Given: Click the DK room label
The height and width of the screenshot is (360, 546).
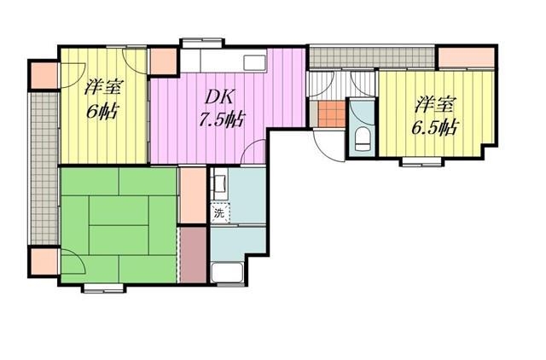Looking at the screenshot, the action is pyautogui.click(x=219, y=97).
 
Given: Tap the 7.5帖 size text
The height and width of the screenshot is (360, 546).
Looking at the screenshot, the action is pyautogui.click(x=221, y=119).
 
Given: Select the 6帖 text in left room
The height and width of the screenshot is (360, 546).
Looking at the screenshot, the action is pyautogui.click(x=102, y=112).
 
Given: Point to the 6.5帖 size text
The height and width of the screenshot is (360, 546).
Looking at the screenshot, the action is pyautogui.click(x=434, y=127).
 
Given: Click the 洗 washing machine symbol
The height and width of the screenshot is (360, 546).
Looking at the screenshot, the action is pyautogui.click(x=220, y=212).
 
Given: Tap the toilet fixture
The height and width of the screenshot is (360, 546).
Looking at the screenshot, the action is pyautogui.click(x=362, y=139).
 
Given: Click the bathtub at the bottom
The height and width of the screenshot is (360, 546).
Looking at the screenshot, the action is pyautogui.click(x=228, y=273).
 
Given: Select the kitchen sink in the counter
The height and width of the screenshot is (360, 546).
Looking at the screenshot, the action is pyautogui.click(x=255, y=63).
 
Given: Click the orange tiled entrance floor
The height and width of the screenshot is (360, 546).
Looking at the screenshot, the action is pyautogui.click(x=331, y=113).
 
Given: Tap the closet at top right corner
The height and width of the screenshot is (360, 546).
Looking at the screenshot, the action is pyautogui.click(x=467, y=57).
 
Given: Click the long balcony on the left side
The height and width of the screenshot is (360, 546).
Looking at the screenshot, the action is pyautogui.click(x=44, y=169).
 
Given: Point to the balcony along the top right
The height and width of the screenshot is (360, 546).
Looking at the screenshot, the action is pyautogui.click(x=372, y=57).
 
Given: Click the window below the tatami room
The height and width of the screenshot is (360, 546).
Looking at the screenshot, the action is pyautogui.click(x=104, y=288).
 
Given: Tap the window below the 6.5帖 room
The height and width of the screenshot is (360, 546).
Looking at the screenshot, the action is pyautogui.click(x=421, y=161).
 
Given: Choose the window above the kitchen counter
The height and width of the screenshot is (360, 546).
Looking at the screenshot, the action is pyautogui.click(x=202, y=42).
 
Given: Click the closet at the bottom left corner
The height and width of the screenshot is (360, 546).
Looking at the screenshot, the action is pyautogui.click(x=44, y=262).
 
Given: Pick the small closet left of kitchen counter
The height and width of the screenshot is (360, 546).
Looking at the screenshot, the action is pyautogui.click(x=163, y=61).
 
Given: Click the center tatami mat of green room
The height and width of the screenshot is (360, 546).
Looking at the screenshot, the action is pyautogui.click(x=119, y=225).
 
